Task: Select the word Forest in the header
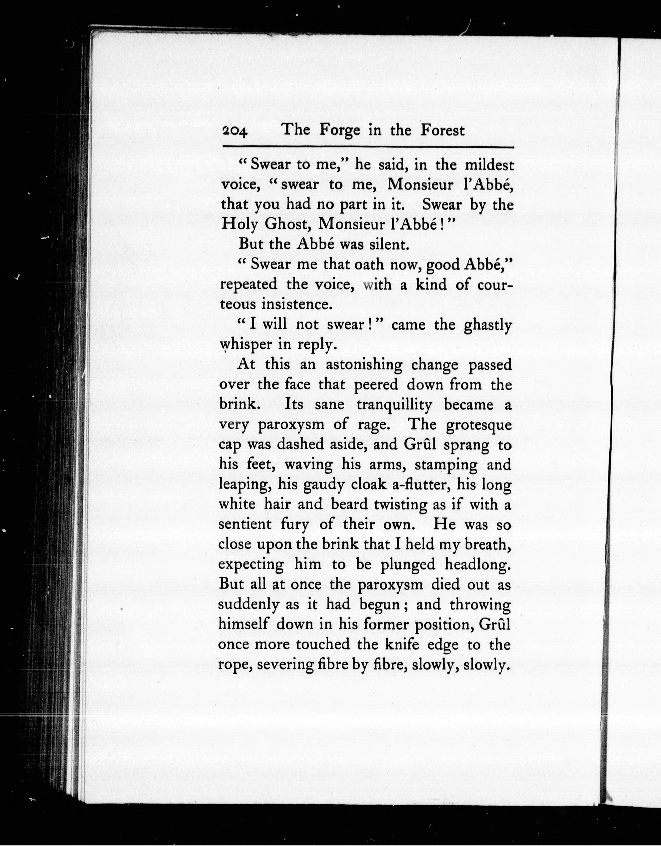coord(442,130)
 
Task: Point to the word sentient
coord(245,525)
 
